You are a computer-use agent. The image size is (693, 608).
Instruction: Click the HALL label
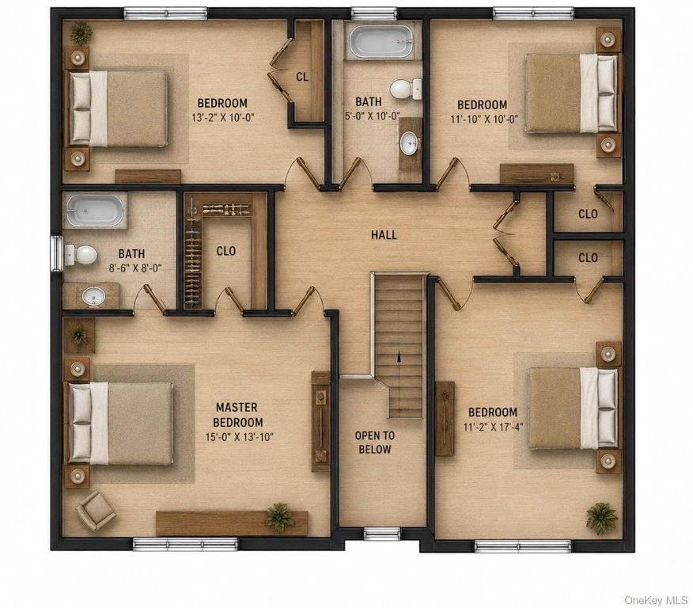(x=384, y=235)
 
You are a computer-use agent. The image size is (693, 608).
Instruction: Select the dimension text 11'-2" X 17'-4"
(x=493, y=427)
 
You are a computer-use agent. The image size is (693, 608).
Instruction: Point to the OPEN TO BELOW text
(x=375, y=443)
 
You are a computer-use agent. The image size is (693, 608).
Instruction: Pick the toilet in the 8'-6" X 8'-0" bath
(x=81, y=255)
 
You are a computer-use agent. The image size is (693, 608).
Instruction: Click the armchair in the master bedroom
(x=95, y=510)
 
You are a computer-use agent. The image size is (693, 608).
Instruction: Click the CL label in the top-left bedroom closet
(x=302, y=77)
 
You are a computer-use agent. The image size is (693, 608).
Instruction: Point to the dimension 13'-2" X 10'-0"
(x=223, y=118)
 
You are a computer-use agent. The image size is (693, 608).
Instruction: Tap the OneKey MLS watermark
(x=656, y=599)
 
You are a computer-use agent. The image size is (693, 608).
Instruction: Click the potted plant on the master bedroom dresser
(x=279, y=516)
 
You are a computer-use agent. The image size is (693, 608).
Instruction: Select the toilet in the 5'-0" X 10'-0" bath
(x=406, y=89)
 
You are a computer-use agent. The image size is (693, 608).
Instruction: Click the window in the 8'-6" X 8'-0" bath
(x=56, y=253)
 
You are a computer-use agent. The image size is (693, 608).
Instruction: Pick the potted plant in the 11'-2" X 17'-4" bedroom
(x=601, y=516)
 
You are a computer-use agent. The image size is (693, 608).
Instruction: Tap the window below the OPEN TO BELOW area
(x=382, y=534)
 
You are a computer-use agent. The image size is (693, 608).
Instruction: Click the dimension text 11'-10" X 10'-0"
(x=484, y=119)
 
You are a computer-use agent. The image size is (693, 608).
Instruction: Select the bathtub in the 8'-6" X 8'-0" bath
(x=96, y=211)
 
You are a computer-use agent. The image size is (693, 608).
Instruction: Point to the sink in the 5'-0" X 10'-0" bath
(x=409, y=143)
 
